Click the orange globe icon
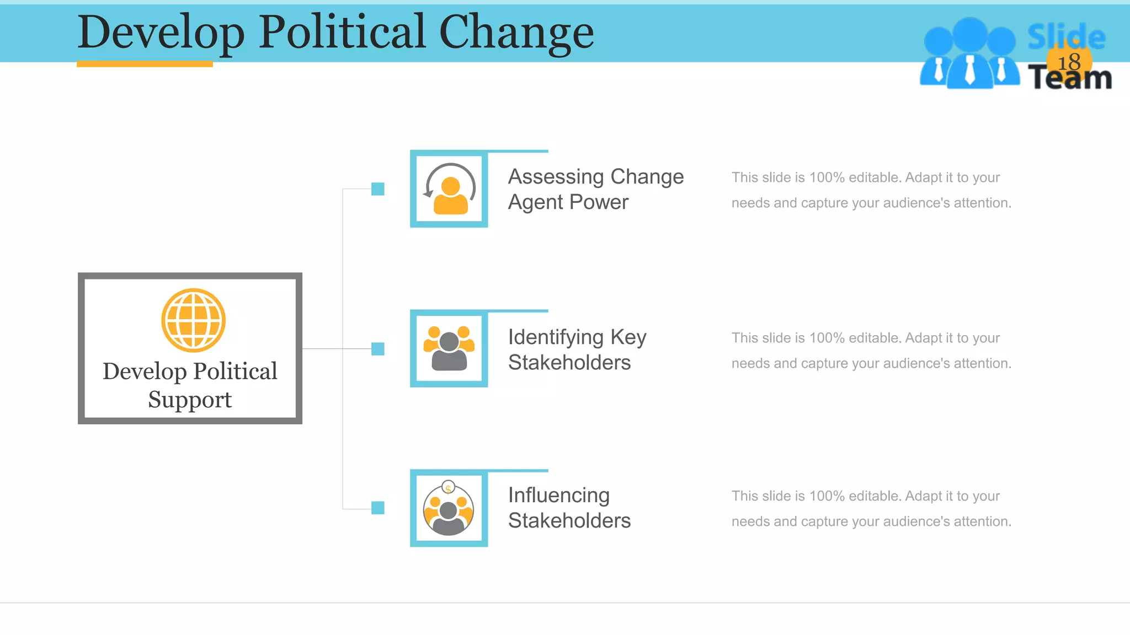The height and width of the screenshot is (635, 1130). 193,320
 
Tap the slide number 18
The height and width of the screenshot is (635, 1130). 1069,62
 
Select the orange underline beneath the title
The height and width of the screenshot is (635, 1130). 145,64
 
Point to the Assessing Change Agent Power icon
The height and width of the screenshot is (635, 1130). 449,189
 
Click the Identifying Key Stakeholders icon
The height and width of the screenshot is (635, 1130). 449,348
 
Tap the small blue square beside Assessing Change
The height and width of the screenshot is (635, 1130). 378,189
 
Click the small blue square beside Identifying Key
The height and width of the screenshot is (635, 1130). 378,349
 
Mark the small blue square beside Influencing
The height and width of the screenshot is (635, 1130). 378,508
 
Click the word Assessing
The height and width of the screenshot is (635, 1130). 556,177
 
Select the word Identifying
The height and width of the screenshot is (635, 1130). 556,337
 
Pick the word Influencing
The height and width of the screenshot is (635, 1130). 558,496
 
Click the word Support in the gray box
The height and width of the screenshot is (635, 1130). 190,400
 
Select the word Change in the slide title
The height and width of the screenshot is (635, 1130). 516,32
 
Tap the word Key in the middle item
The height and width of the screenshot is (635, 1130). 628,337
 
